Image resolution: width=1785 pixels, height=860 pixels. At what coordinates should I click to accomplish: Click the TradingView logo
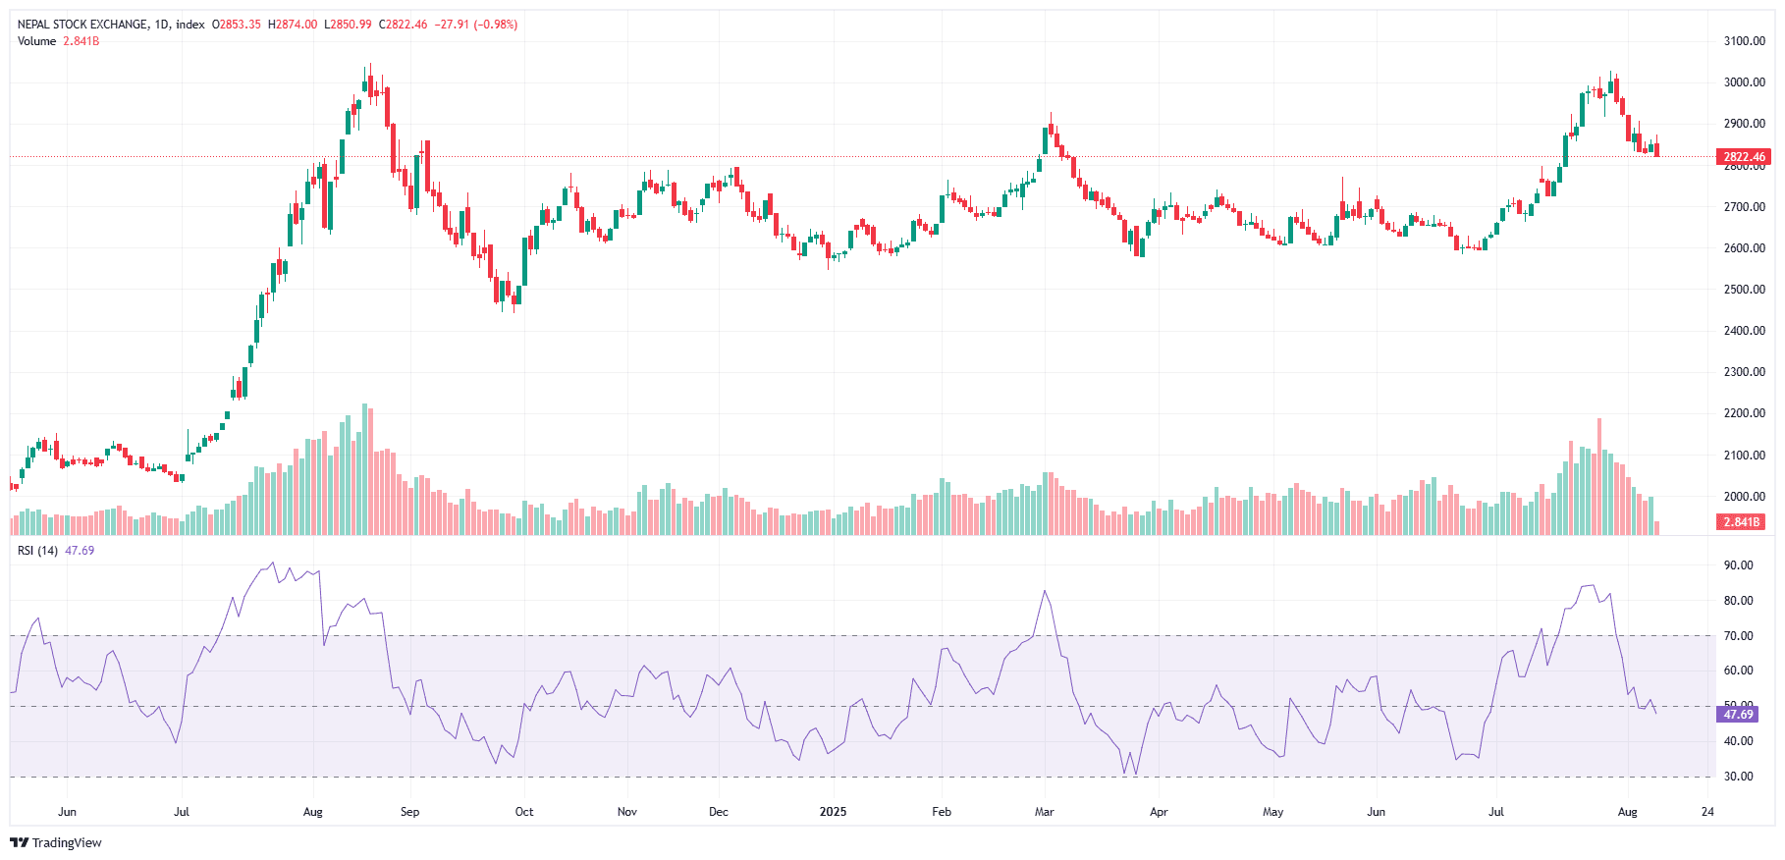pos(56,842)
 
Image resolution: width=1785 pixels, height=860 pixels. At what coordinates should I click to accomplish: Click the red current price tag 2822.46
pos(1744,157)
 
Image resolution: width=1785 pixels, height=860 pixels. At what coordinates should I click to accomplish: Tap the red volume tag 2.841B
pos(1742,522)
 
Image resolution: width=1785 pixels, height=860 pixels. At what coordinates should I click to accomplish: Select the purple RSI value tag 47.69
pos(1738,715)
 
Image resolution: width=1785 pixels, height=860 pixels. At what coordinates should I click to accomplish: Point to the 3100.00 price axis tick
pos(1744,41)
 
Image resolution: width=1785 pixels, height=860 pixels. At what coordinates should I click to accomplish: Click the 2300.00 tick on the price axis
pos(1744,372)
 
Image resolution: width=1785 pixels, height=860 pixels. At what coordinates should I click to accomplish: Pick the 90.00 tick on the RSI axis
pos(1738,565)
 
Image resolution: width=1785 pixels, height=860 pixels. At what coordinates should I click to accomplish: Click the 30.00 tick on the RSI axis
pos(1738,777)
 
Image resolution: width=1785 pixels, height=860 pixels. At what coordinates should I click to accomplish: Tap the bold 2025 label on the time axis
pos(833,812)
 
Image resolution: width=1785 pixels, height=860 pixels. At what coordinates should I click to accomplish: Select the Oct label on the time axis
pos(524,812)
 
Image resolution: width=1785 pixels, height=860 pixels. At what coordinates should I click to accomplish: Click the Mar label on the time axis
pos(1044,812)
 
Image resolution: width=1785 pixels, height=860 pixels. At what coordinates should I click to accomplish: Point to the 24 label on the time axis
pos(1707,812)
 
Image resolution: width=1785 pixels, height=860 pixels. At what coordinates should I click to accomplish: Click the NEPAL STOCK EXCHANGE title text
pos(82,25)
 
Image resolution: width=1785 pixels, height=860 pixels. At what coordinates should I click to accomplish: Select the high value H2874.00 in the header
pos(293,25)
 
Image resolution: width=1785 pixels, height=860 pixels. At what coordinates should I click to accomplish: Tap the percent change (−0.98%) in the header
pos(496,25)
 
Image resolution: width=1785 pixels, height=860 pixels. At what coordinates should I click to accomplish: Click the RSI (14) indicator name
pos(37,551)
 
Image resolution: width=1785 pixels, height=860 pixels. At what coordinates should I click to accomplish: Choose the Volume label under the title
pos(36,41)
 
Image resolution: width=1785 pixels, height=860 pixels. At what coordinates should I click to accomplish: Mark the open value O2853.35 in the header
pos(237,25)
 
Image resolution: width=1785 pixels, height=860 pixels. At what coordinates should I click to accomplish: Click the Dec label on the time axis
pos(719,812)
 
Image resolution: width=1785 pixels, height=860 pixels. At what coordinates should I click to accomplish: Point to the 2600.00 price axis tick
pos(1744,248)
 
